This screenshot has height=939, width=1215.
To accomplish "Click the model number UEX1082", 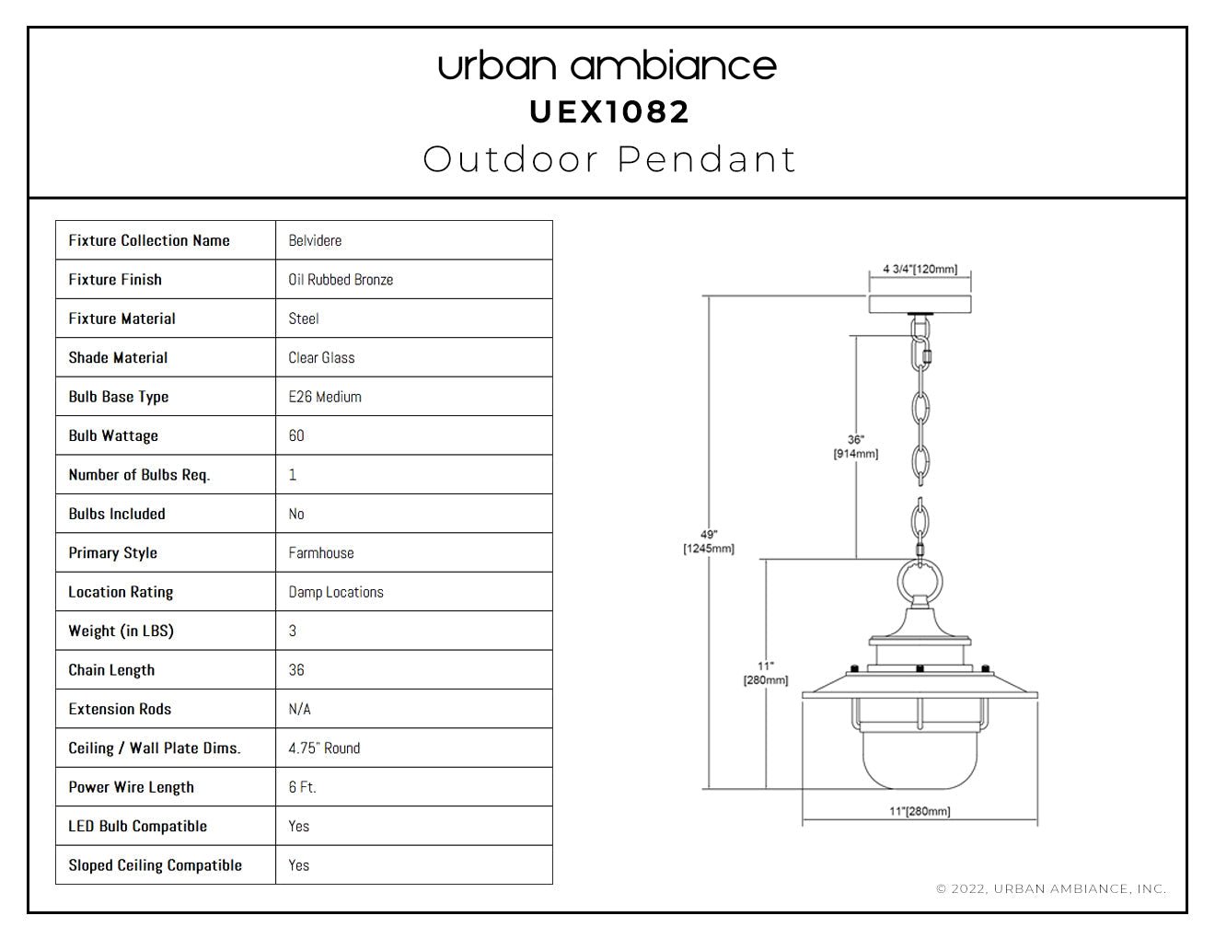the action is [609, 112].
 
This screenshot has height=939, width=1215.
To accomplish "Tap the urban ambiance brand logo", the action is [607, 66].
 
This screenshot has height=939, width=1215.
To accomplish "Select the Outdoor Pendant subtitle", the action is [609, 159].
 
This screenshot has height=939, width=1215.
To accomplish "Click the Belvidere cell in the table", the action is [315, 240].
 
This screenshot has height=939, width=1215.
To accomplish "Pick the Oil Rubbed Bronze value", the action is [341, 280].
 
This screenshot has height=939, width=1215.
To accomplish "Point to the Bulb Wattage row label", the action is [113, 435].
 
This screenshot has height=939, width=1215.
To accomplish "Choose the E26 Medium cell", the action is [325, 397].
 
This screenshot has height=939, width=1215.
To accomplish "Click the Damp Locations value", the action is [336, 592].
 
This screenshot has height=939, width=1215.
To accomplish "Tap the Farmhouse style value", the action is [321, 552].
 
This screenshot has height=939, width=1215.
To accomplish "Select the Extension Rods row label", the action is [120, 709].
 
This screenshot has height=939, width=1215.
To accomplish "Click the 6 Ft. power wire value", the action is [303, 787].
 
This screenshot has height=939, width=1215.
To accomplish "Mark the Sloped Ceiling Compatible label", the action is [155, 865].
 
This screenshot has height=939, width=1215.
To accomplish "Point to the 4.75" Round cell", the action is [324, 748].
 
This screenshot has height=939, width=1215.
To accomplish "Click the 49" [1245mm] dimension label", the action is [709, 541].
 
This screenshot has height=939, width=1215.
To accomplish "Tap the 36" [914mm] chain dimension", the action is [855, 446].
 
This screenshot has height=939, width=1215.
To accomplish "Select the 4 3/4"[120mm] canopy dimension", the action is [920, 269].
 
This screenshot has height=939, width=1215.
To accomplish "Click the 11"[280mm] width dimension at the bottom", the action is [920, 811].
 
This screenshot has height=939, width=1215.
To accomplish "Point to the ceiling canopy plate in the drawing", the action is [920, 304].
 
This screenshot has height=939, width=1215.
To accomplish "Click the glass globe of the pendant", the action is [920, 759].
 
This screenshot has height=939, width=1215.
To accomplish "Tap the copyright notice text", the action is [1051, 888].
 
